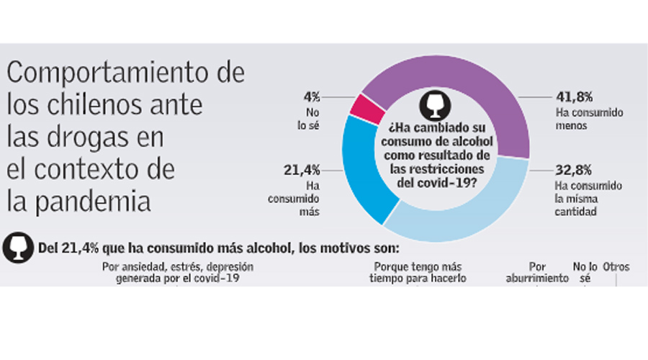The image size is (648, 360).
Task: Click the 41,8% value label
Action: [x=574, y=96]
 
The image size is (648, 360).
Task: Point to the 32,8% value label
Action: [x=574, y=171]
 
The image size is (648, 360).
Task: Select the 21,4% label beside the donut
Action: [x=302, y=171]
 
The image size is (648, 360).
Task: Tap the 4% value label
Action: [x=312, y=96]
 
